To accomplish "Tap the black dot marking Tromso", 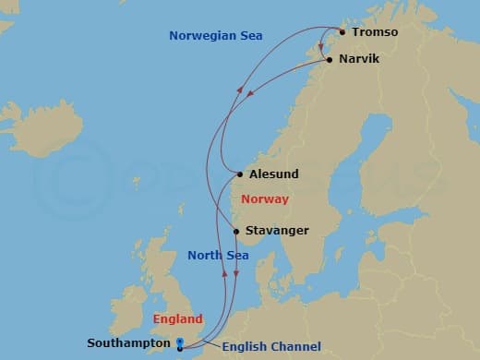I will [x=342, y=32].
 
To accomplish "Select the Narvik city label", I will [x=358, y=59].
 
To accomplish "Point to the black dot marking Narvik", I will [x=330, y=59].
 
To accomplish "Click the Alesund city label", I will [x=274, y=173].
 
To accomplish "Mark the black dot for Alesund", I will [x=241, y=173].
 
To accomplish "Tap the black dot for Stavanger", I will [x=237, y=231].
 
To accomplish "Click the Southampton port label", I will [x=128, y=343].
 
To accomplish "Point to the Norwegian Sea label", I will [x=216, y=36].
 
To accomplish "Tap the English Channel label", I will [x=271, y=346].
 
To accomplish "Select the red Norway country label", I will [x=264, y=199].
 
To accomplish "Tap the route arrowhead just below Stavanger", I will [x=235, y=273].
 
